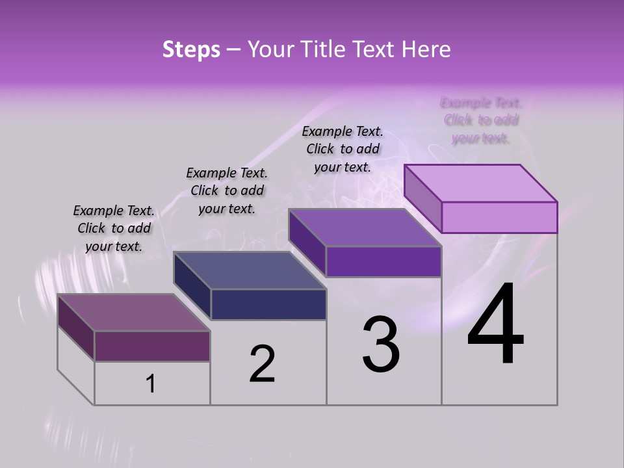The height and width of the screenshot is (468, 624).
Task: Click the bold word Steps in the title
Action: (191, 49)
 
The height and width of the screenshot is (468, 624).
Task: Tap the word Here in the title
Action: (426, 49)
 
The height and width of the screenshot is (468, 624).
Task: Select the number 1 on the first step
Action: (151, 383)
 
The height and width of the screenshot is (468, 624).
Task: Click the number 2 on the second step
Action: (262, 364)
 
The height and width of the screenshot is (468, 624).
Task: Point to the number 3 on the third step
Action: (381, 344)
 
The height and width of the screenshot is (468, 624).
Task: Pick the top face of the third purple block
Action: (365, 227)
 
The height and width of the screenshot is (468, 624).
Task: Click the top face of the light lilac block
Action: (481, 183)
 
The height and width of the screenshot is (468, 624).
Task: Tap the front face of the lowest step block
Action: (152, 346)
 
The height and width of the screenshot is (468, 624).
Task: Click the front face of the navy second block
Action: (268, 304)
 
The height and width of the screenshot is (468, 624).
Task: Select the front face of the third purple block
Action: (383, 261)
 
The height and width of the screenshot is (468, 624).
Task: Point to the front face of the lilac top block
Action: (499, 217)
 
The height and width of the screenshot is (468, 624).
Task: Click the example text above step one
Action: (114, 228)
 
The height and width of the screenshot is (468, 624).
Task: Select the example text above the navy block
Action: (227, 190)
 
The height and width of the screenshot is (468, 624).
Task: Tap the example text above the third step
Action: (343, 149)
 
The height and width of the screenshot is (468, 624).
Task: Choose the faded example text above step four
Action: (481, 120)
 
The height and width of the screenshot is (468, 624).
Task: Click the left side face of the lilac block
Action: (422, 198)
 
